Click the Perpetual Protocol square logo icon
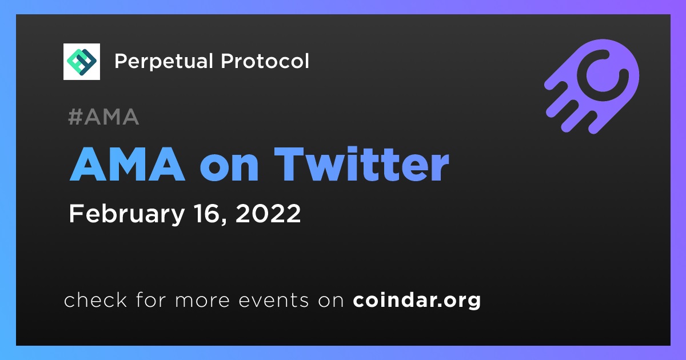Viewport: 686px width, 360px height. [81, 62]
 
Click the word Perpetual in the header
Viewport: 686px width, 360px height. [163, 62]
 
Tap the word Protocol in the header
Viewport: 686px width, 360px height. [265, 61]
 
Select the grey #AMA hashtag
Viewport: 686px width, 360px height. [103, 117]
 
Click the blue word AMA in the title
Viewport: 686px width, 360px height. [127, 165]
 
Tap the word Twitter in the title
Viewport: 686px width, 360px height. [361, 165]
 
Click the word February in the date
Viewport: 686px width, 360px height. [127, 214]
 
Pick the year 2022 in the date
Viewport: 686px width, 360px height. [268, 213]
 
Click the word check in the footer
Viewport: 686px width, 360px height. [95, 299]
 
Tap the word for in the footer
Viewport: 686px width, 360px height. [151, 299]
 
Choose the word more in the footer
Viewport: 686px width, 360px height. [202, 301]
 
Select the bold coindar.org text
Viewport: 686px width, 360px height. [417, 301]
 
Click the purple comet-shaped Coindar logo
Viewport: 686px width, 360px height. [592, 86]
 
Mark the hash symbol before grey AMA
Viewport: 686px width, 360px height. [75, 117]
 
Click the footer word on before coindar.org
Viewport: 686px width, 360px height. [331, 301]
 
